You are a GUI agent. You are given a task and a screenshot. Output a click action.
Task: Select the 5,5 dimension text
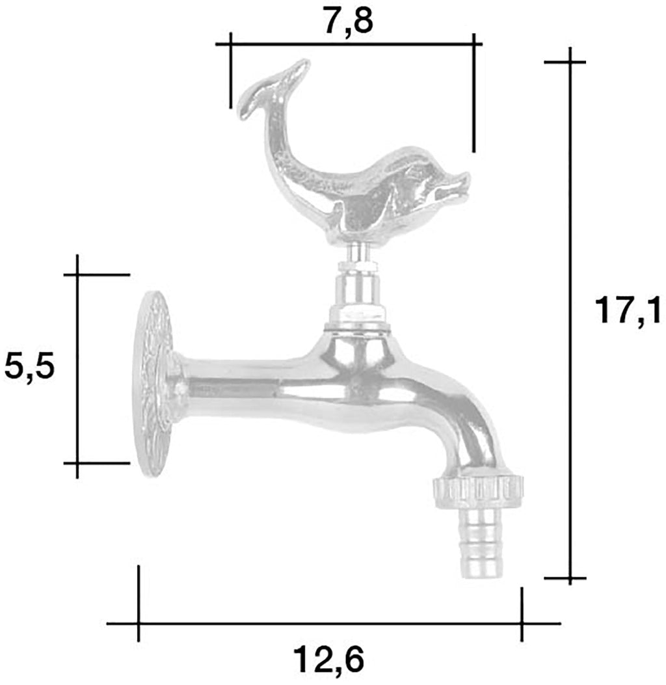(29, 366)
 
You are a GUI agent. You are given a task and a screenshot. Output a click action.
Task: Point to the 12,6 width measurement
(328, 660)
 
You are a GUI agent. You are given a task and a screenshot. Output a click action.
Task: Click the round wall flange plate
(153, 385)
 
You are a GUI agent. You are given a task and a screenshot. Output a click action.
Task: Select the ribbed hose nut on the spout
(477, 492)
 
